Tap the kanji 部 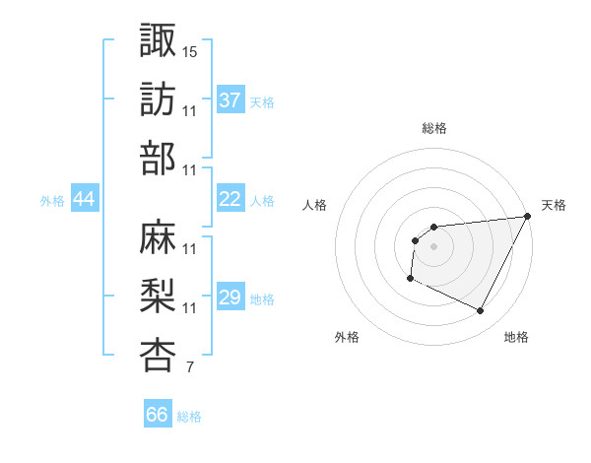tap(158, 159)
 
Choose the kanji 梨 tap(158, 296)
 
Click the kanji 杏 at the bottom tap(158, 356)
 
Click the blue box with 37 tap(230, 100)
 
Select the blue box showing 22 tap(230, 199)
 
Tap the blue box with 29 tap(230, 298)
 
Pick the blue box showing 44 tap(85, 199)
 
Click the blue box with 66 tap(158, 415)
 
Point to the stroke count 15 tap(190, 50)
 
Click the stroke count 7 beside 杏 tap(189, 368)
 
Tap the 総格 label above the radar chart tap(433, 128)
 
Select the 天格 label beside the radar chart tap(554, 205)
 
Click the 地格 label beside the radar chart tap(516, 338)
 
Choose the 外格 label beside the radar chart tap(347, 338)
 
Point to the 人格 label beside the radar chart tap(314, 205)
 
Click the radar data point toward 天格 tap(528, 216)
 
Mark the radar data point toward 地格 tap(481, 311)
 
